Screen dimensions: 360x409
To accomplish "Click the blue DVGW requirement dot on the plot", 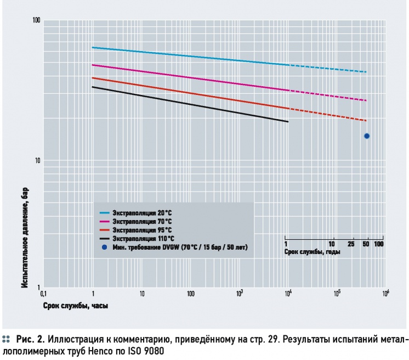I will point(367,136).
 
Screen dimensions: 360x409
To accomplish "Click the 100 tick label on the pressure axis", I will point(37,20).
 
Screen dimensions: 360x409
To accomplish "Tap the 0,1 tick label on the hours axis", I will point(44,294).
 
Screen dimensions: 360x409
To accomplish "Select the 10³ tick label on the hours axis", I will point(239,294).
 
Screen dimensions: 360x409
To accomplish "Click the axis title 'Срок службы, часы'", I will point(76,305).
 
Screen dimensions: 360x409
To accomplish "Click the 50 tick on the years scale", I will point(366,243).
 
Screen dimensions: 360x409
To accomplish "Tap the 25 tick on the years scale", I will point(351,243).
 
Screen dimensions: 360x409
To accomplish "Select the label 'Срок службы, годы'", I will point(312,252).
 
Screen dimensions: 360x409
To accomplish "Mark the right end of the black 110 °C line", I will point(288,122).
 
